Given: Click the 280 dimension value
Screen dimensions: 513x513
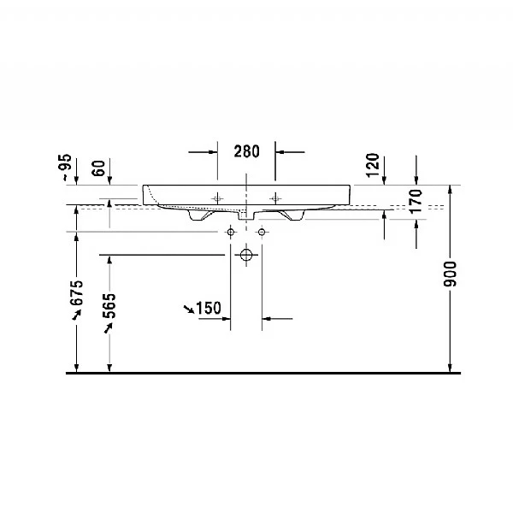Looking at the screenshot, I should (246, 152).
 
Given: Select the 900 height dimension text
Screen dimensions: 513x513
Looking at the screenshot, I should (451, 274).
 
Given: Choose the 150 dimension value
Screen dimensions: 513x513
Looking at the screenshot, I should (209, 308).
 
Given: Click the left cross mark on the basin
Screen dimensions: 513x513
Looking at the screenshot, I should (216, 198).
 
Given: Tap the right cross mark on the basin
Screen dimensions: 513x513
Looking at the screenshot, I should (275, 198).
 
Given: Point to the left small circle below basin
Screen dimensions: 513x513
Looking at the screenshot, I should (231, 232).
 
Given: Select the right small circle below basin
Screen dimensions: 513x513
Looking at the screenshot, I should (261, 232).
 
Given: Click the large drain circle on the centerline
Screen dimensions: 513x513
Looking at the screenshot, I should (246, 255).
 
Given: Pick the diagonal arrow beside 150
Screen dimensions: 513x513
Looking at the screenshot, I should (188, 307).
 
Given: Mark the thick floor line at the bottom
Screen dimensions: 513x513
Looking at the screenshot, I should (256, 374).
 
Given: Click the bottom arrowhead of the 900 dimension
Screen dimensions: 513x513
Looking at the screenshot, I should (450, 368).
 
